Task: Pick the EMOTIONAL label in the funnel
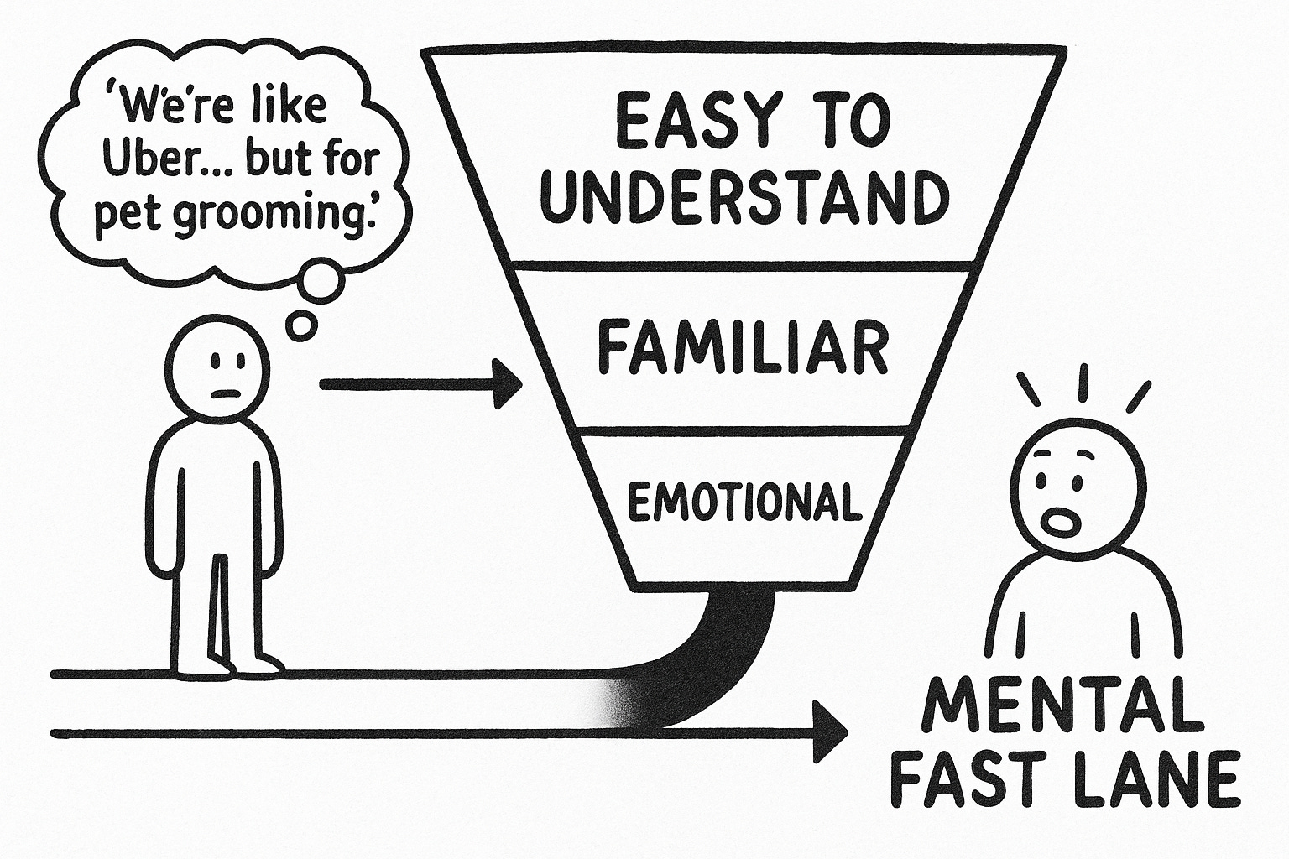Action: [744, 502]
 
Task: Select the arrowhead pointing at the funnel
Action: [506, 384]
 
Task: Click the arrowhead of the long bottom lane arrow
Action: [830, 731]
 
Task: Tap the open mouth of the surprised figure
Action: [1061, 522]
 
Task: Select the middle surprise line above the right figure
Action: [1082, 383]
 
